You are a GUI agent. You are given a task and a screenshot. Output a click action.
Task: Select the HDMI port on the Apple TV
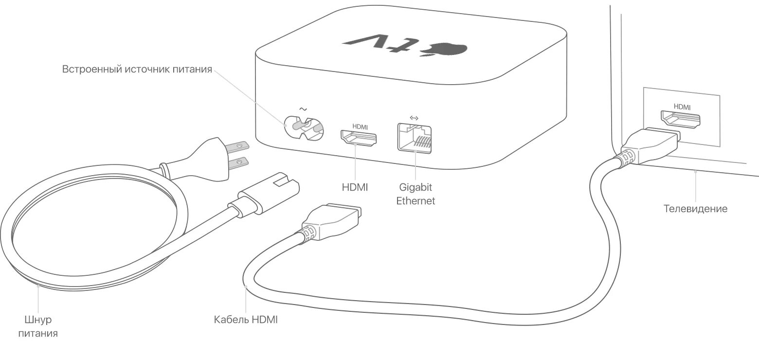pyautogui.click(x=360, y=138)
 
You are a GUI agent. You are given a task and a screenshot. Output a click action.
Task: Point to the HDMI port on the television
pyautogui.click(x=680, y=119)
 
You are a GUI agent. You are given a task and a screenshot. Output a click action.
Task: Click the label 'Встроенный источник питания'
pyautogui.click(x=137, y=69)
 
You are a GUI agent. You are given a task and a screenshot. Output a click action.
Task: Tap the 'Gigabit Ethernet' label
pyautogui.click(x=416, y=194)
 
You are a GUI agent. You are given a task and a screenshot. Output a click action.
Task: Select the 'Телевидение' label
pyautogui.click(x=695, y=209)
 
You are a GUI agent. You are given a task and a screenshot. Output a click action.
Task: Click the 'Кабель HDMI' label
pyautogui.click(x=246, y=320)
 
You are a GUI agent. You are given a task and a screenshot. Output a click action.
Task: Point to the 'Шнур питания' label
pyautogui.click(x=38, y=326)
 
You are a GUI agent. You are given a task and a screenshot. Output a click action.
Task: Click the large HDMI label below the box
pyautogui.click(x=355, y=187)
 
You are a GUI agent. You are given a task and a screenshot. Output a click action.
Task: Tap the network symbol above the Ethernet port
pyautogui.click(x=415, y=117)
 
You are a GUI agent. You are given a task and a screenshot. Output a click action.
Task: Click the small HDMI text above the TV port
pyautogui.click(x=682, y=106)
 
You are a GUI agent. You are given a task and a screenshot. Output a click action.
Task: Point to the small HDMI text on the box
pyautogui.click(x=360, y=126)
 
